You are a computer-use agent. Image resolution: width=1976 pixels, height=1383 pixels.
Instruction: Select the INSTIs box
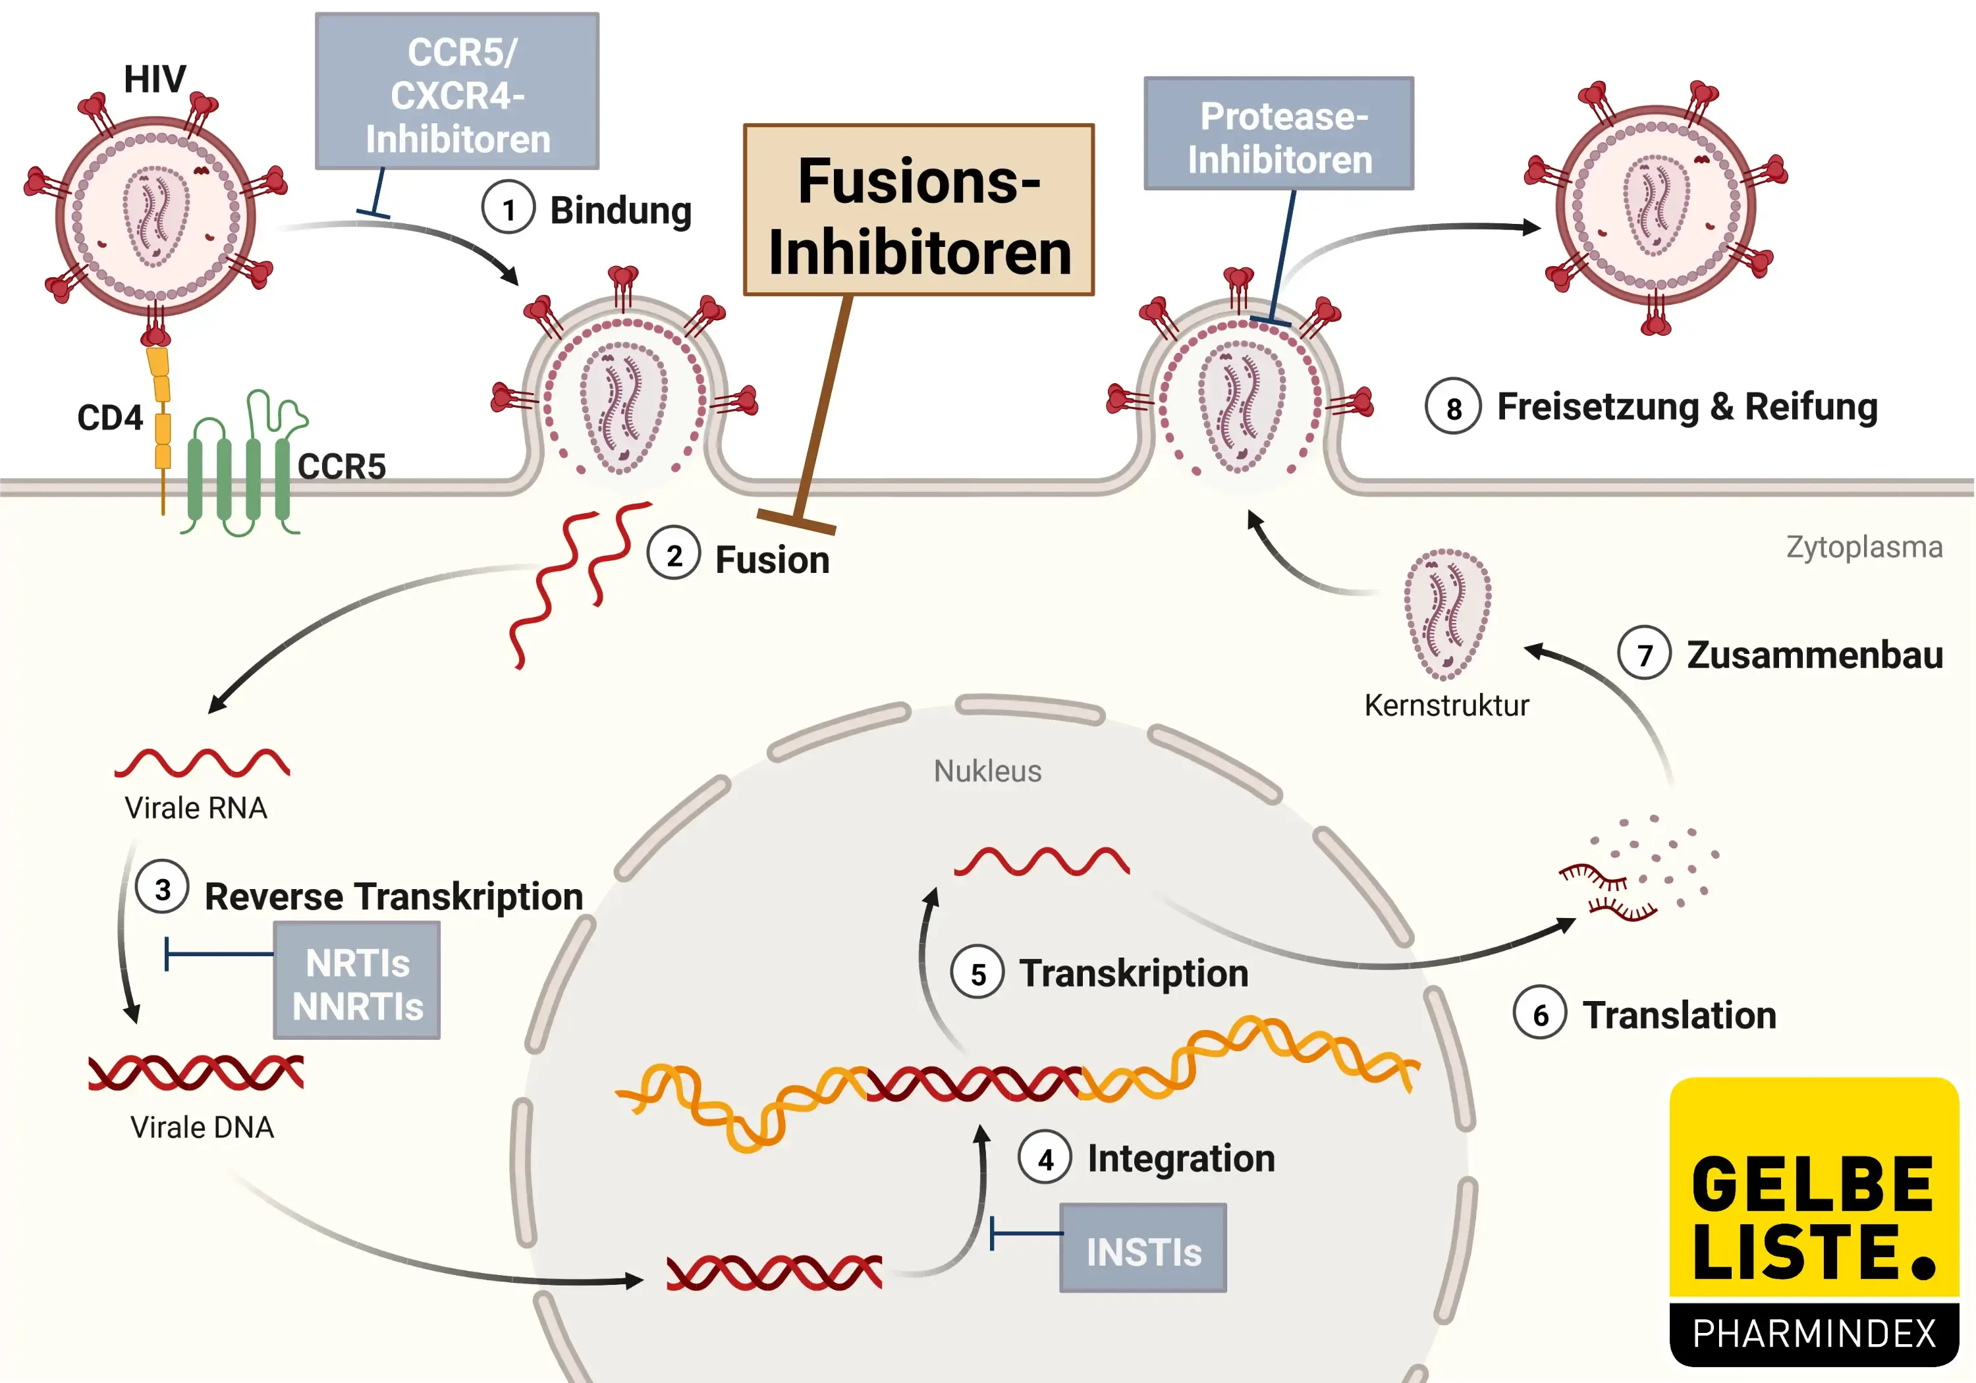pyautogui.click(x=1143, y=1249)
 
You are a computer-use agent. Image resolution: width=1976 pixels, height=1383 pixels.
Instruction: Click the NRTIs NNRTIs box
pyautogui.click(x=357, y=982)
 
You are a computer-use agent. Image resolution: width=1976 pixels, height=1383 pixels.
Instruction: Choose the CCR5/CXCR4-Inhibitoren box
pyautogui.click(x=457, y=92)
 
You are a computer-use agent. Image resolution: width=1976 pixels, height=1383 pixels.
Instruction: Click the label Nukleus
pyautogui.click(x=987, y=771)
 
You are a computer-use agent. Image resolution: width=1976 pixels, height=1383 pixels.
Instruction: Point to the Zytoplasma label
pyautogui.click(x=1864, y=547)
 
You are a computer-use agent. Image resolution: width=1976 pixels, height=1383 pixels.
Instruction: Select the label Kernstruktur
pyautogui.click(x=1446, y=706)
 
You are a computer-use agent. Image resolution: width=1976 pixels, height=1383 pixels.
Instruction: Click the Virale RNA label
pyautogui.click(x=196, y=808)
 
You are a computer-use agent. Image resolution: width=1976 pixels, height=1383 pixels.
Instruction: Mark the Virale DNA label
pyautogui.click(x=202, y=1127)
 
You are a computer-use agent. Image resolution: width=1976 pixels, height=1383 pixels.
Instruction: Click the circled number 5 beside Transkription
pyautogui.click(x=977, y=973)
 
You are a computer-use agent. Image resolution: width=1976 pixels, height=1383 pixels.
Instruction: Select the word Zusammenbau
pyautogui.click(x=1814, y=655)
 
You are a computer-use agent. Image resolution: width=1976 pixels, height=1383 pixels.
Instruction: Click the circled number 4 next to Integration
pyautogui.click(x=1045, y=1158)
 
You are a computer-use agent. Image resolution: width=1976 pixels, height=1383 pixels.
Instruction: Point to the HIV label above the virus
pyautogui.click(x=155, y=79)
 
